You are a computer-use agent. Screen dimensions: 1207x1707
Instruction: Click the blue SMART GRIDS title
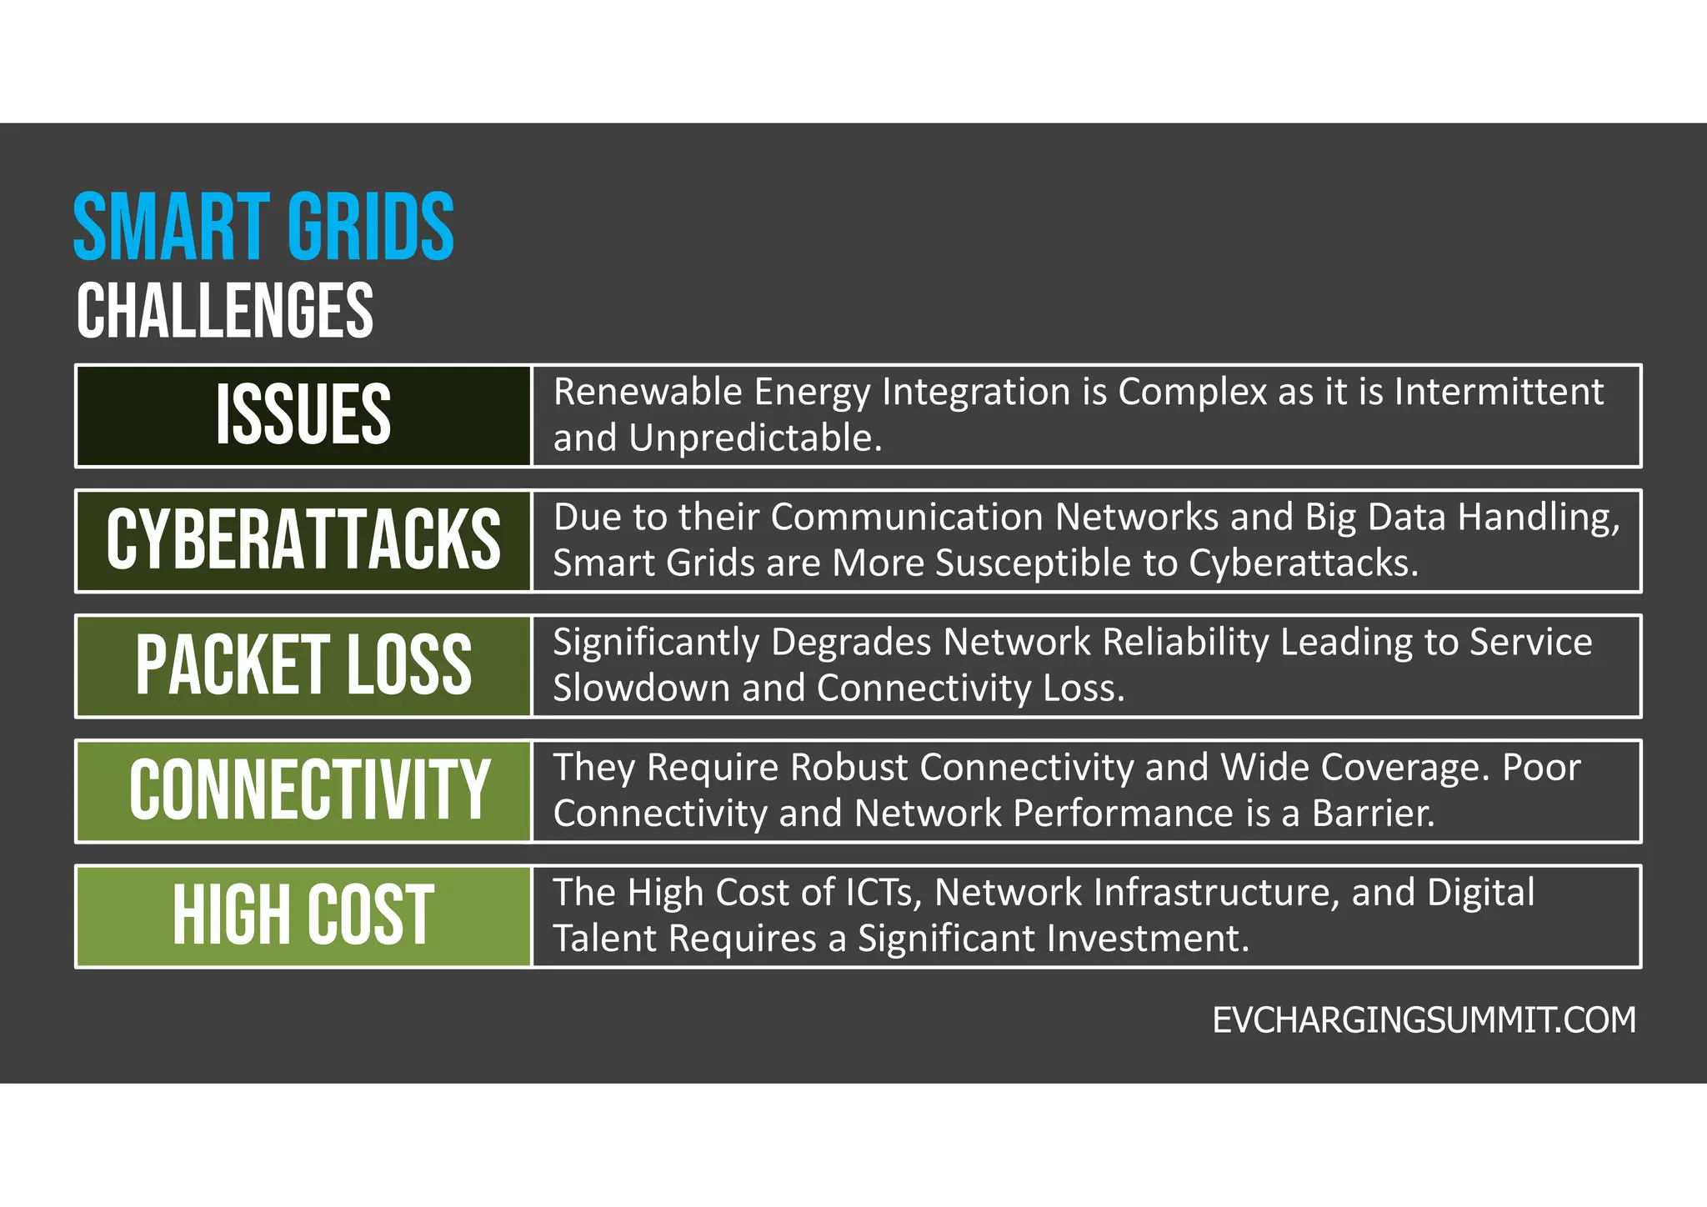pos(263,227)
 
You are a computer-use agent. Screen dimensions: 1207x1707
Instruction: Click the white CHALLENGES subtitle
pos(225,310)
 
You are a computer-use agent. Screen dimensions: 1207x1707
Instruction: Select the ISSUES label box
pos(303,415)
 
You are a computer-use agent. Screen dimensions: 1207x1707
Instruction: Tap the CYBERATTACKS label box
pos(303,540)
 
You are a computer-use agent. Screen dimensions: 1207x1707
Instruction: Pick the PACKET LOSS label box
pos(303,665)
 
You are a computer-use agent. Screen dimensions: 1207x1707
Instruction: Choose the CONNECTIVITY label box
pos(303,790)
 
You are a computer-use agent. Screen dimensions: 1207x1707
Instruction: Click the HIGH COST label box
pos(303,915)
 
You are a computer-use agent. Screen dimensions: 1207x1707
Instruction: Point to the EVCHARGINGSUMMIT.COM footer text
pos(1424,1020)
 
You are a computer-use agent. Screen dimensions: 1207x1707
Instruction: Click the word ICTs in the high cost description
pos(883,893)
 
